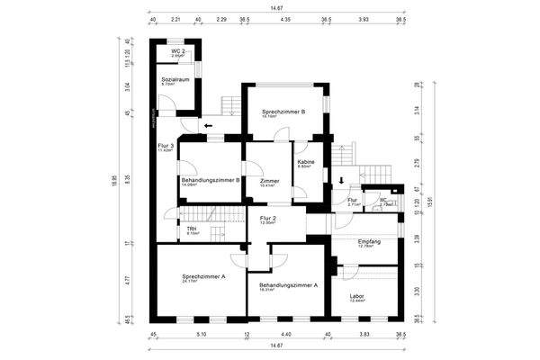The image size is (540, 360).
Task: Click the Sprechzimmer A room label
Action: (x=202, y=276)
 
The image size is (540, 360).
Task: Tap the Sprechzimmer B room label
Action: (x=283, y=112)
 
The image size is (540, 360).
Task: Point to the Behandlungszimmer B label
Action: (x=210, y=180)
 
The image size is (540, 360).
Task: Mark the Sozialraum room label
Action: (x=175, y=80)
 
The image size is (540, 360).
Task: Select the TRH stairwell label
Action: (x=192, y=229)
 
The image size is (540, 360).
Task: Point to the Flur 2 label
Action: (x=267, y=219)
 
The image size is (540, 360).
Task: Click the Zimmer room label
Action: (x=268, y=181)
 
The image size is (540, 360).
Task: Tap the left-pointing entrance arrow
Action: (x=209, y=126)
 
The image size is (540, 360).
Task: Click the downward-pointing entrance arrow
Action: (x=341, y=180)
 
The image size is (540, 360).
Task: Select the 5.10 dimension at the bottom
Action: (x=201, y=333)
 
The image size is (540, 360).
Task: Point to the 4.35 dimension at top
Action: (x=285, y=18)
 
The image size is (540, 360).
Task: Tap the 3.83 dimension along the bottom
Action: (x=364, y=333)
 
